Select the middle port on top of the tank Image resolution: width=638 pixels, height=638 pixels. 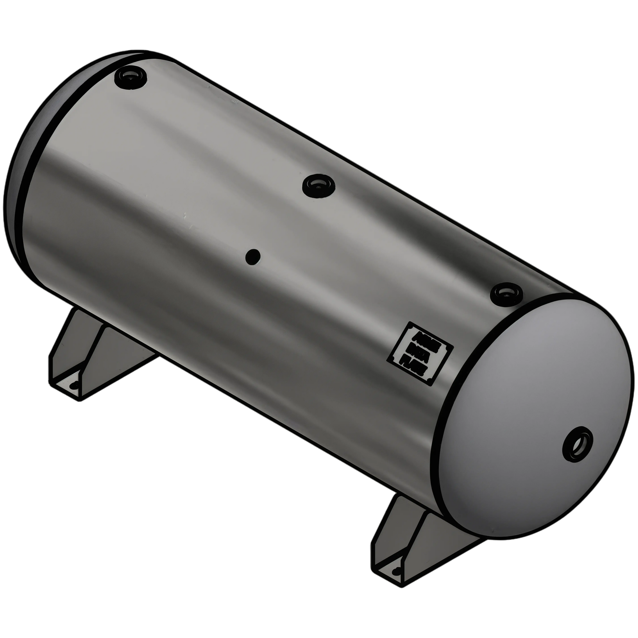click(x=318, y=186)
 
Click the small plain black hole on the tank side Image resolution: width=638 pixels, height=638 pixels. click(x=253, y=257)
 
